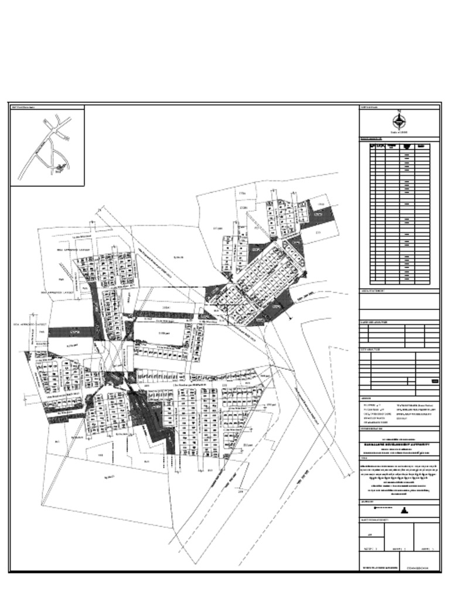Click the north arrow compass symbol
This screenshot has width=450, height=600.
[399, 121]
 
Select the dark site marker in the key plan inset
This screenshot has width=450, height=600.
[59, 169]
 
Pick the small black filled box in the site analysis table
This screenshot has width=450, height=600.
[434, 381]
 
